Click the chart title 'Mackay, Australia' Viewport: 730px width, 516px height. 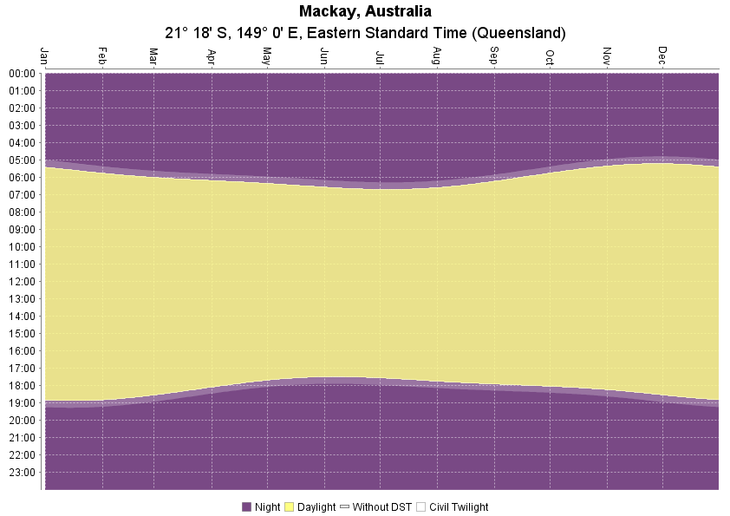click(365, 11)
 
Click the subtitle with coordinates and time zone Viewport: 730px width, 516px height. click(365, 33)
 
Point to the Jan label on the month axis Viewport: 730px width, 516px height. click(44, 56)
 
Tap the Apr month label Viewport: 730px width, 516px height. click(211, 56)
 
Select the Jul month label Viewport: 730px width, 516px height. click(380, 57)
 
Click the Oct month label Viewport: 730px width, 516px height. click(550, 57)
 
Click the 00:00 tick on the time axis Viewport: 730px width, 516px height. click(23, 73)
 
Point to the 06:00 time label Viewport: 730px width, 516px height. click(23, 177)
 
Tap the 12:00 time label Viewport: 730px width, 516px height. click(23, 281)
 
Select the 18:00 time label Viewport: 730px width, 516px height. click(23, 385)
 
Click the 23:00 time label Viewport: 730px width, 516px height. click(23, 472)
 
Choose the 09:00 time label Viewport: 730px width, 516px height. click(23, 229)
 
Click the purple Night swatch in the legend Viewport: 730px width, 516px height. click(246, 507)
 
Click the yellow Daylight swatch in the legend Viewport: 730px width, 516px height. click(290, 507)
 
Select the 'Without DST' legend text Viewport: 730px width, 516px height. click(382, 507)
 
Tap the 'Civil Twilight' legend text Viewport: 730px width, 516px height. click(459, 507)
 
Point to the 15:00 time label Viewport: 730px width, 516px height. click(23, 333)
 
